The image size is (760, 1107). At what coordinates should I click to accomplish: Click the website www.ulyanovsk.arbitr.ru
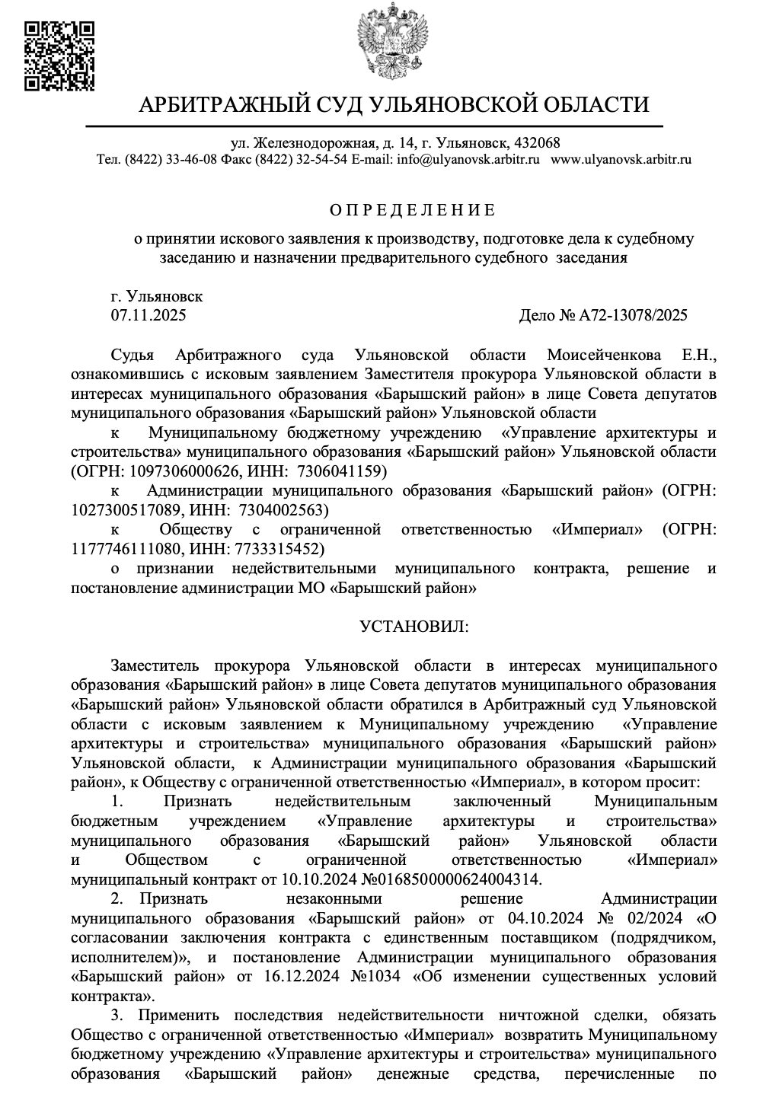[x=621, y=160]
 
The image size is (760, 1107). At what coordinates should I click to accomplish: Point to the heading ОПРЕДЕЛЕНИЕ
[x=412, y=210]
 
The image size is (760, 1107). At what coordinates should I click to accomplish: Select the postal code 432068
[x=538, y=143]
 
